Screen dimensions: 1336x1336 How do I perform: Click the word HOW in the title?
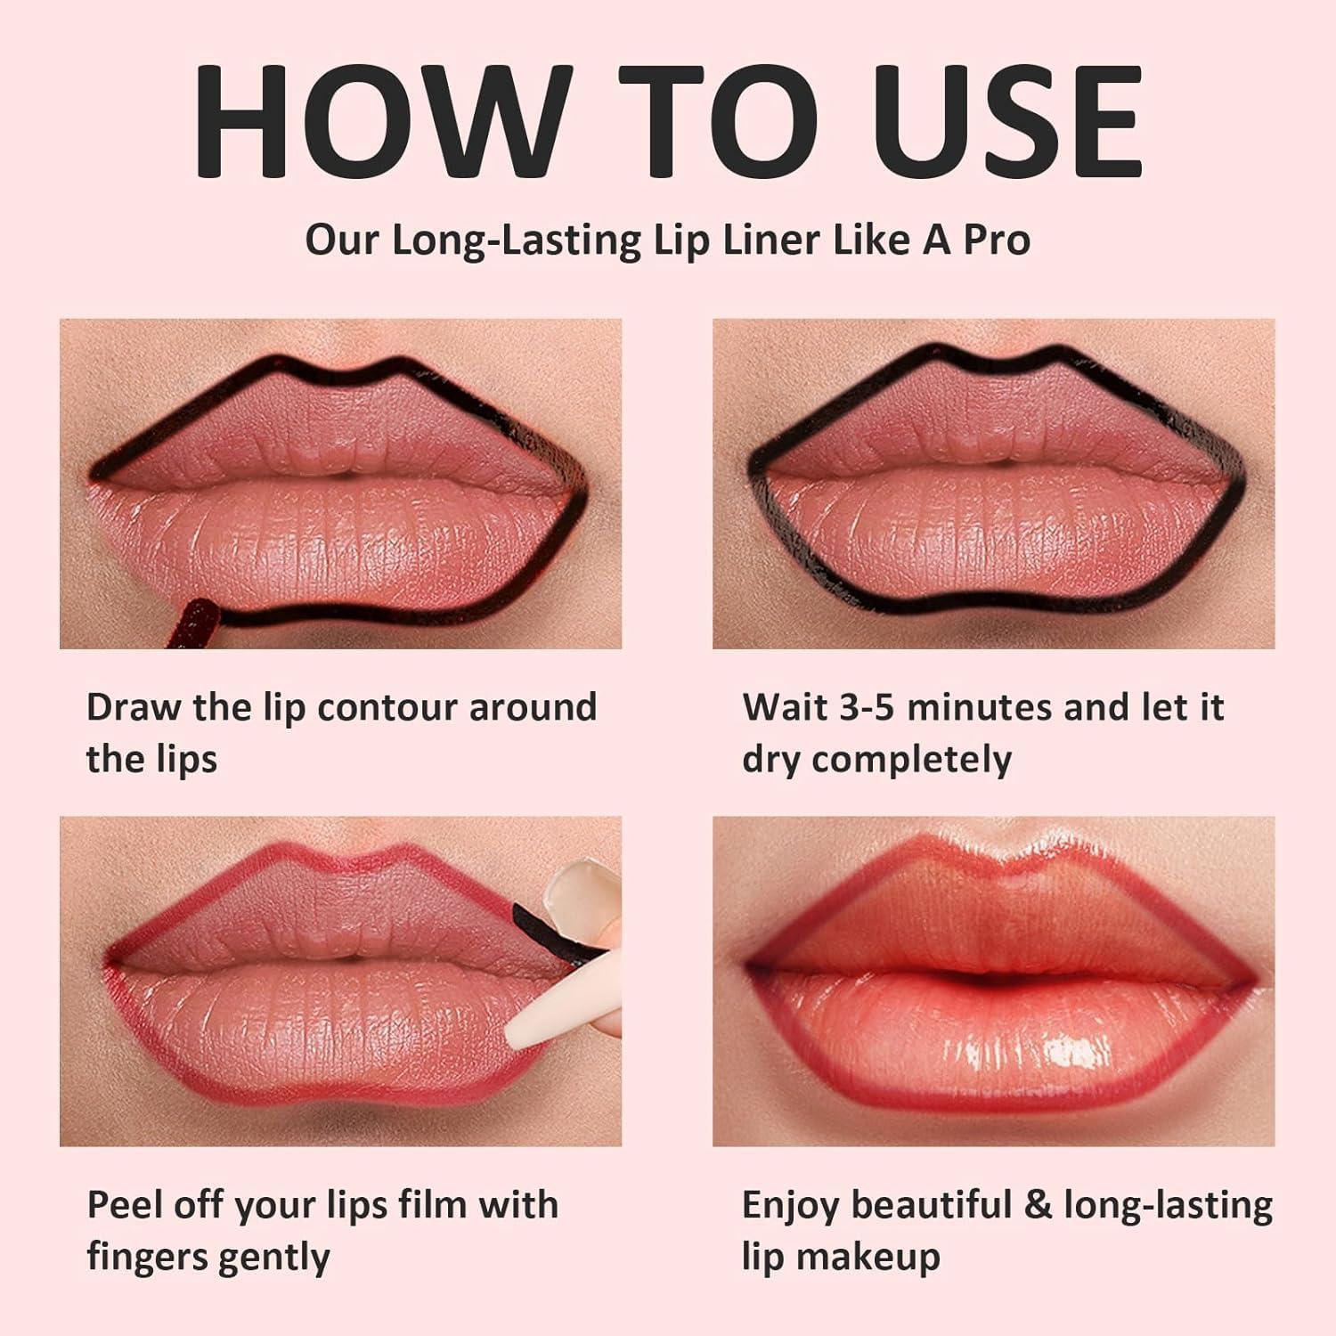point(369,121)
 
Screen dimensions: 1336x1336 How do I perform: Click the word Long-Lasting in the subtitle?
point(516,241)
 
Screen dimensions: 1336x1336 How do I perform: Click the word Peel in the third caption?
point(126,1205)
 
